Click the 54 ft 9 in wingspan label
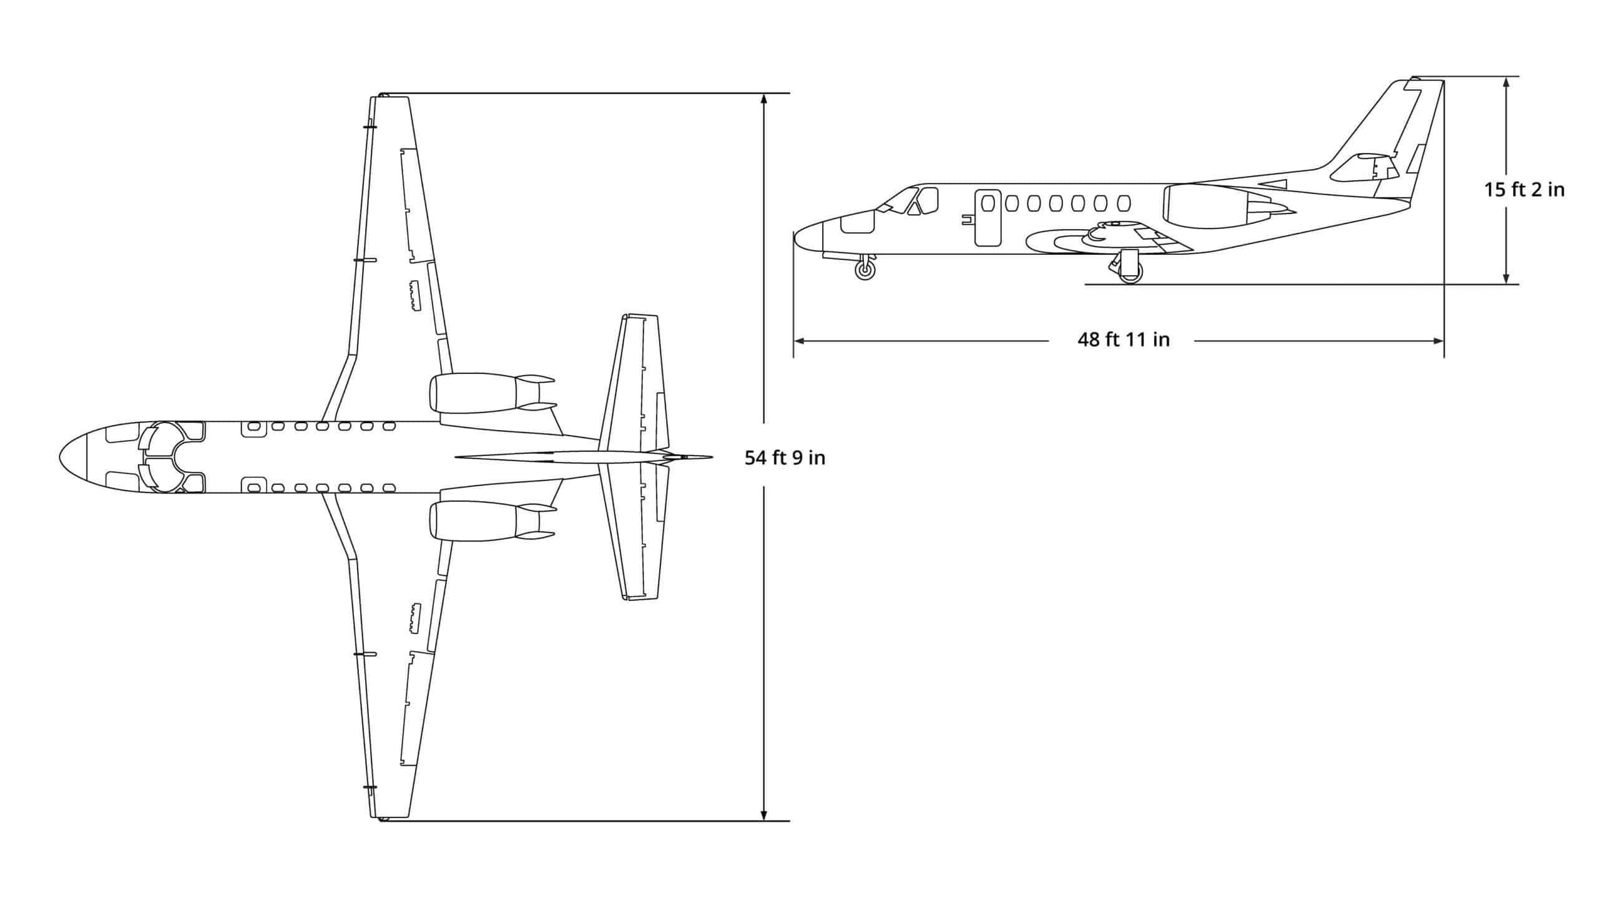coord(785,459)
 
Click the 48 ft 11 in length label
coord(1123,340)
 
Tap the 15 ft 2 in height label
coord(1524,189)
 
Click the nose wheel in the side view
coord(865,270)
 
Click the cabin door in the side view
coord(988,218)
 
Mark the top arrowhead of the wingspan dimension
coord(763,99)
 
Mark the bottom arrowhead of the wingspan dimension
coord(763,816)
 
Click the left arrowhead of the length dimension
coord(798,341)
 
